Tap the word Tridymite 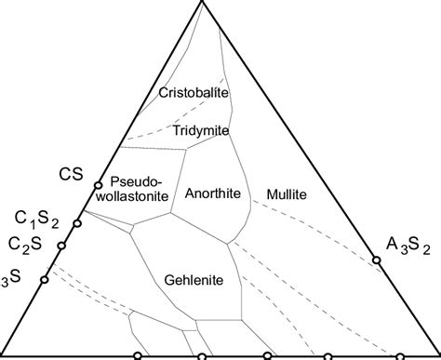pos(199,132)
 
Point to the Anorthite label pos(213,193)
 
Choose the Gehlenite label pos(194,278)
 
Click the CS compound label pos(72,173)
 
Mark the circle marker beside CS pos(98,185)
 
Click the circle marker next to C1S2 pos(78,223)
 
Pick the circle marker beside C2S pos(61,246)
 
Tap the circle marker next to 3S pos(44,278)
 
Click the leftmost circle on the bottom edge pos(138,356)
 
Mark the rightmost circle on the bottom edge pos(400,356)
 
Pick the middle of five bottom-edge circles pos(268,356)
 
